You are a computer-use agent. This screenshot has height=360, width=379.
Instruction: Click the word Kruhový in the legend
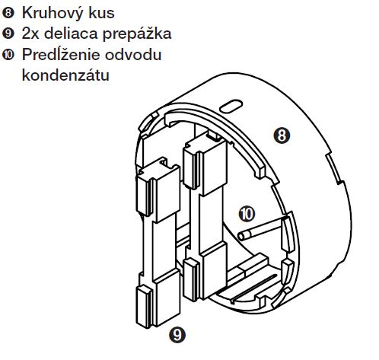coord(53,13)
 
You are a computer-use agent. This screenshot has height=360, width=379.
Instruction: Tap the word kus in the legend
coord(101,13)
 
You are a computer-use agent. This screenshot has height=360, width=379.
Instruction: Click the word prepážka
coord(137,34)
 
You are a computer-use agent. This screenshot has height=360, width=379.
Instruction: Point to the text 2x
coord(30,33)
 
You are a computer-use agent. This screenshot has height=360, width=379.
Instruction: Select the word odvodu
coord(133,54)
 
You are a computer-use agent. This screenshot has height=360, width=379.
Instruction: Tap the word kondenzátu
coord(65,75)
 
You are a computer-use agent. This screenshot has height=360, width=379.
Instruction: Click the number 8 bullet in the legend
coord(8,13)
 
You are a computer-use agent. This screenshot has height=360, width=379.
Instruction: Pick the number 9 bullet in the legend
coord(8,33)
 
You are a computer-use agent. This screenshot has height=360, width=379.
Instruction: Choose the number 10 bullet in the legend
coord(8,55)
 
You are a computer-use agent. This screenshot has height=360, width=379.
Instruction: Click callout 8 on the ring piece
coord(282,135)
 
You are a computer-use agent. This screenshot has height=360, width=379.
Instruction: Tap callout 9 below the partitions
coord(177,335)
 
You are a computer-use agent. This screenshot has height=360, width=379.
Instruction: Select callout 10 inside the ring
coord(247,214)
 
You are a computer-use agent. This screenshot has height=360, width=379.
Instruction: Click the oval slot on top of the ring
coord(231,106)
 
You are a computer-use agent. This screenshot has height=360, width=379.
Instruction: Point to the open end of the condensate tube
coord(242,236)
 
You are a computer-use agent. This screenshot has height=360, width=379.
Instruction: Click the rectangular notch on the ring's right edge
coord(335,168)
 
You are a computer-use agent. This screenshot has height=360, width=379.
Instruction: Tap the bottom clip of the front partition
coord(145,307)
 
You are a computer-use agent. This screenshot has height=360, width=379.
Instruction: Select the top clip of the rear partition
coord(191,168)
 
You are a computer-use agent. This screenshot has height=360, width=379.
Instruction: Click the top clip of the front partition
coord(145,196)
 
